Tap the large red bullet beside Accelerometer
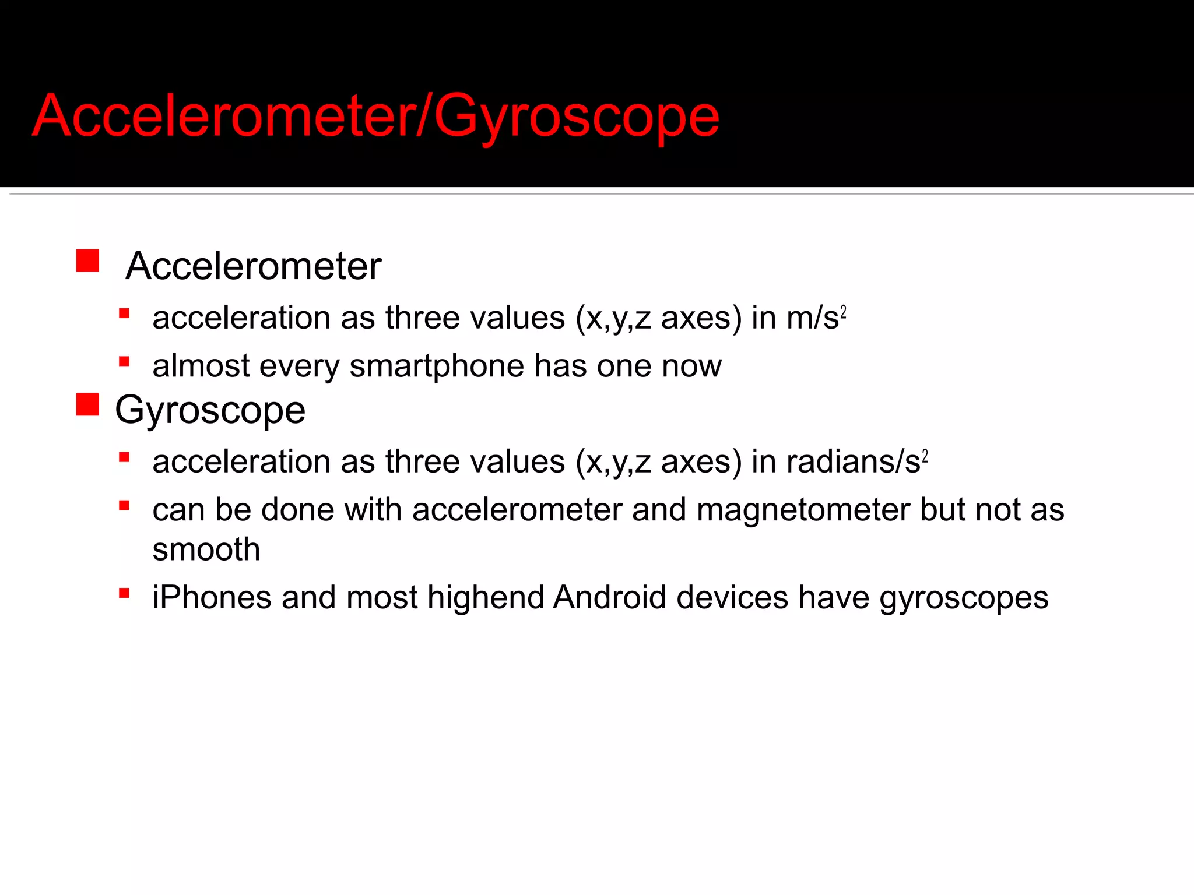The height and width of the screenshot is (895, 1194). pyautogui.click(x=87, y=261)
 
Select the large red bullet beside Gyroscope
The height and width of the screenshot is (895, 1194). pyautogui.click(x=87, y=404)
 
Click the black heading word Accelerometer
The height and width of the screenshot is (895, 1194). pyautogui.click(x=254, y=266)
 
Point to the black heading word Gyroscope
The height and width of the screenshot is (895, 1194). pyautogui.click(x=210, y=410)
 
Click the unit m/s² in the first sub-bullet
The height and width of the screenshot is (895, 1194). pyautogui.click(x=816, y=318)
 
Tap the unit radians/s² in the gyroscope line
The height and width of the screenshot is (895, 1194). pyautogui.click(x=856, y=461)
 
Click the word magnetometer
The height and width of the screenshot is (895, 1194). pyautogui.click(x=803, y=509)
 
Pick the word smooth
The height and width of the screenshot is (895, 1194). pyautogui.click(x=206, y=549)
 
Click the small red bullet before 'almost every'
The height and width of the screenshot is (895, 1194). pyautogui.click(x=124, y=362)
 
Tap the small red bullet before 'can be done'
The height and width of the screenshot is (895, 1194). pyautogui.click(x=124, y=505)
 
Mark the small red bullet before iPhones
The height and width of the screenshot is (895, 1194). pyautogui.click(x=124, y=593)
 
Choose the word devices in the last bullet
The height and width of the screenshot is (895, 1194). pyautogui.click(x=732, y=597)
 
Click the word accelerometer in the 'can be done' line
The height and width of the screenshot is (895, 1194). pyautogui.click(x=517, y=509)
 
